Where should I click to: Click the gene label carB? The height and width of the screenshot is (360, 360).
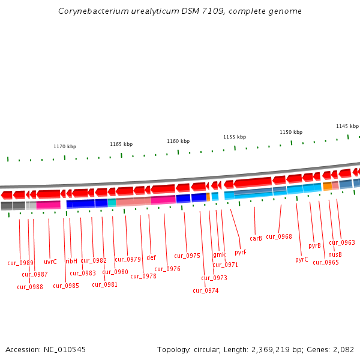click(256, 238)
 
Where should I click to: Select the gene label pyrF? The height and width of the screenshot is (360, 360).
click(241, 252)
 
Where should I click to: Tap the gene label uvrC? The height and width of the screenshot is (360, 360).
click(50, 262)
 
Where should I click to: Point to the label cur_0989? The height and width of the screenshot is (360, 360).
click(20, 263)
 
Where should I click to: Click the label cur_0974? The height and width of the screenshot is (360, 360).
click(205, 290)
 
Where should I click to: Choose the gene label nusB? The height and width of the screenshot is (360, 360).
click(335, 254)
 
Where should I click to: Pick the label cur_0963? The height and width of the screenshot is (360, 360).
click(341, 242)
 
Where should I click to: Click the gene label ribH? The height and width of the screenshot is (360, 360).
click(71, 261)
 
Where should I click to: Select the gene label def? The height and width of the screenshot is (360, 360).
click(151, 257)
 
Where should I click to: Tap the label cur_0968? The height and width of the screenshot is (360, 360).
click(278, 236)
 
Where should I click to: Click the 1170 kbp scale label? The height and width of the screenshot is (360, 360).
click(65, 146)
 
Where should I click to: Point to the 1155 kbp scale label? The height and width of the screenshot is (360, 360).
click(235, 137)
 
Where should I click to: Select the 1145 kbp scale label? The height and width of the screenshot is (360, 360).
click(347, 126)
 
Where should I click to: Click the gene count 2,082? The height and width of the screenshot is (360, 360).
click(343, 349)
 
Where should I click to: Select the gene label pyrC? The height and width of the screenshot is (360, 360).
click(301, 259)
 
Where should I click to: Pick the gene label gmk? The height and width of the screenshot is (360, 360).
click(219, 254)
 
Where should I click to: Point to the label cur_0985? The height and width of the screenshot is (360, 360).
click(66, 286)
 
